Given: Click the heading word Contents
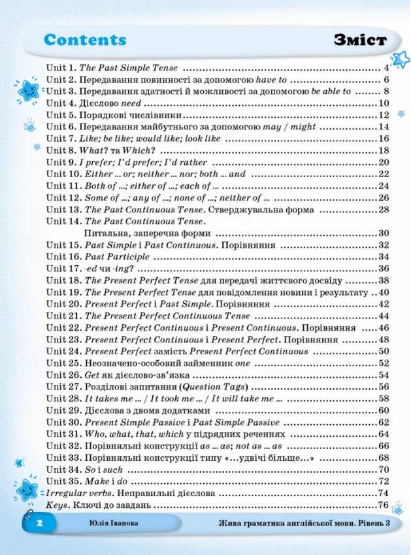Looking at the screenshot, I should pos(85,40).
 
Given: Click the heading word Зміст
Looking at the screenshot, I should pos(359,41).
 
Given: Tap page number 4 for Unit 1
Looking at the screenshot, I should pos(387,68).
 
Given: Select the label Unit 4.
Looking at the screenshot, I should pos(61,103).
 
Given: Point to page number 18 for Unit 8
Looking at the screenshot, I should pos(384,150).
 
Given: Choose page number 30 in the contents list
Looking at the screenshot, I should pos(384,233).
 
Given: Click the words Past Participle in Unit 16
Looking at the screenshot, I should pos(117,257).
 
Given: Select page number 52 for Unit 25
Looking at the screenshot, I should pos(384,363).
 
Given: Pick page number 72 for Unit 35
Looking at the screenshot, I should pos(384,481).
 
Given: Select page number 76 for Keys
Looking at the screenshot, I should pos(384,505).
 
